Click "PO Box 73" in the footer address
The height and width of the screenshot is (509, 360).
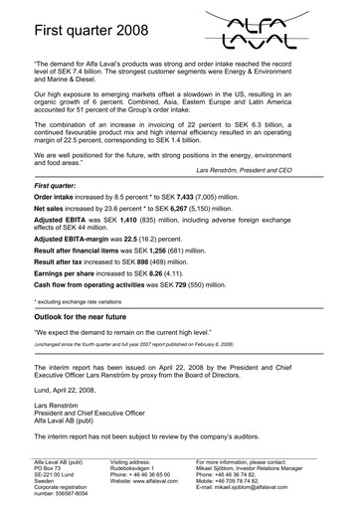(52, 470)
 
